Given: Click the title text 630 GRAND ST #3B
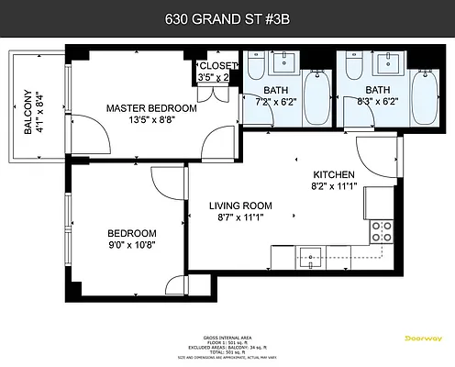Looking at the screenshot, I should point(227,17).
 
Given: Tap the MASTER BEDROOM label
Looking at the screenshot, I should point(151,108).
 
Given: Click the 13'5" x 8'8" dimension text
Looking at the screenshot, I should point(151,120).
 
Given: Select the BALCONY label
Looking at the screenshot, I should point(28,114).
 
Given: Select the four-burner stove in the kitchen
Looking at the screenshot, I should point(382,230).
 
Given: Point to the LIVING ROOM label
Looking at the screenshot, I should point(239,206).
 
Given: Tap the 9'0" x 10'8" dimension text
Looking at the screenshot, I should point(131,245).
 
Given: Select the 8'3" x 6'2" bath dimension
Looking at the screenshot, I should point(378,102).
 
